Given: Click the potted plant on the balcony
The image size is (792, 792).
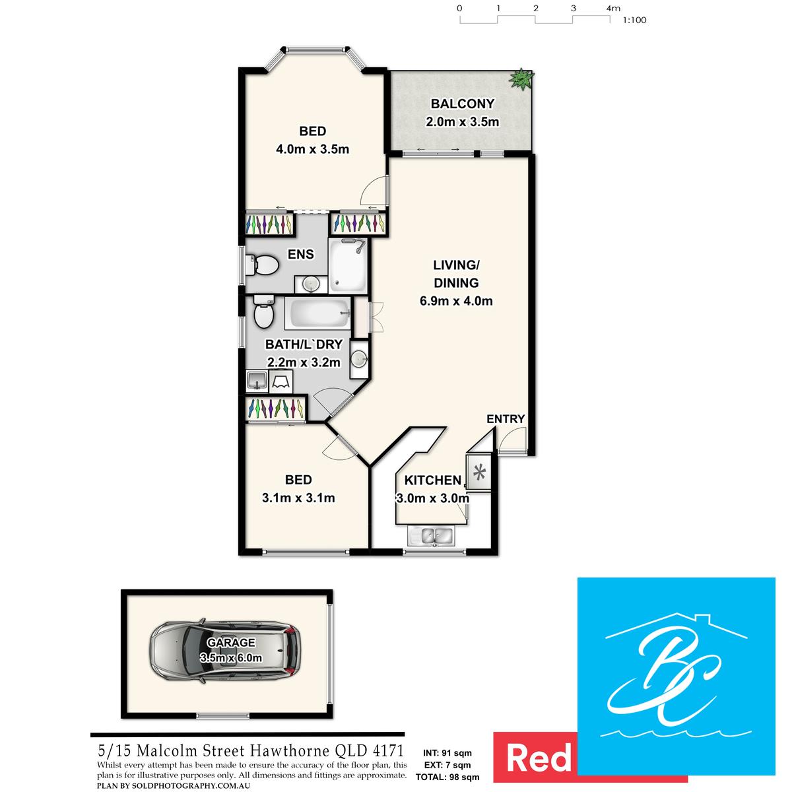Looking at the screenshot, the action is click(x=521, y=79).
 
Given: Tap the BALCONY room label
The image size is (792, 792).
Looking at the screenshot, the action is click(x=463, y=104).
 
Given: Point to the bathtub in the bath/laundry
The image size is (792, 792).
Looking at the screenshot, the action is click(x=317, y=313).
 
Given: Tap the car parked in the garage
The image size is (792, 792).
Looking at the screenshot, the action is click(x=225, y=651).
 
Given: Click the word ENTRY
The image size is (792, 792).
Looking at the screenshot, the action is click(x=506, y=419).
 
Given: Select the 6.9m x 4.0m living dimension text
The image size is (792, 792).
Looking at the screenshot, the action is click(x=456, y=301).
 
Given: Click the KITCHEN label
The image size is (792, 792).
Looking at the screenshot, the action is click(x=433, y=480).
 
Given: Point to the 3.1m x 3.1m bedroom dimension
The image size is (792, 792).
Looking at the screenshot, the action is click(x=298, y=498).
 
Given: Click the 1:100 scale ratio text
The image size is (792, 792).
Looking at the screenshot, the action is click(x=634, y=20).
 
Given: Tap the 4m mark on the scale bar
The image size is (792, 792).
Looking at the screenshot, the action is click(x=613, y=8).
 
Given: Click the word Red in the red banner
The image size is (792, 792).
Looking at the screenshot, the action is click(x=539, y=758).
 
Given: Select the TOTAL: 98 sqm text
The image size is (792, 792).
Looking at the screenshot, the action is click(x=447, y=777).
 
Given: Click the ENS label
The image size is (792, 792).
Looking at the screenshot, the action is click(x=301, y=254).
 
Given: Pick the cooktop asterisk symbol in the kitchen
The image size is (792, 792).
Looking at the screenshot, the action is click(x=479, y=473).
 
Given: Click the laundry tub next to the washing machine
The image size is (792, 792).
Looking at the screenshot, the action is click(x=257, y=381).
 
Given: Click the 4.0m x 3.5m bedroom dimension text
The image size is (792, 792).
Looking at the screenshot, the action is click(x=312, y=148).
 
